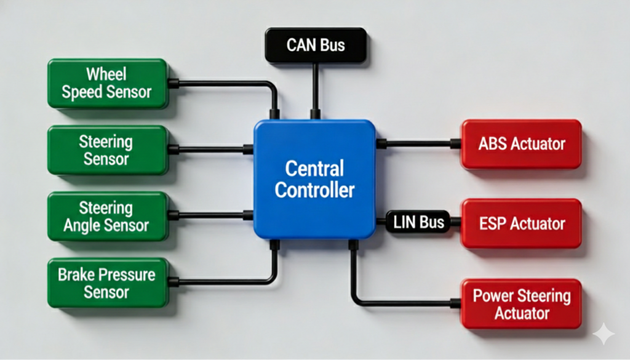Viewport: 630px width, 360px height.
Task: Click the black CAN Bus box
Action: pos(316,46)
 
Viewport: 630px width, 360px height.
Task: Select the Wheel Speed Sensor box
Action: pos(108,84)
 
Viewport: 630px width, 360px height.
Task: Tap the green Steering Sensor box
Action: pos(108,150)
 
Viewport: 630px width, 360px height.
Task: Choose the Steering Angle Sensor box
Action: pos(108,216)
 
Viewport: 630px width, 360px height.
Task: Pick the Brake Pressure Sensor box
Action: pos(108,282)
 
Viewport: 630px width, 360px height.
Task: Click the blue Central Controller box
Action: pos(314,179)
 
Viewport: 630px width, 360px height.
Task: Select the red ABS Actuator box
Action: pos(521,144)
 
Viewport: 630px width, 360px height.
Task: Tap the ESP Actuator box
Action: pos(521,223)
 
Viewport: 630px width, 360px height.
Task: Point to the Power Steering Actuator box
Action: pos(521,303)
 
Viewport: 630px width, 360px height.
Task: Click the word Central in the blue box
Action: pos(314,169)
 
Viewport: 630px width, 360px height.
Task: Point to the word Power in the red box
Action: pos(493,295)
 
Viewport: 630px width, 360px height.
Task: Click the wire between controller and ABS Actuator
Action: pos(418,144)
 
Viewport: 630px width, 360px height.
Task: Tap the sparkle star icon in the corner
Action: pos(603,333)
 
